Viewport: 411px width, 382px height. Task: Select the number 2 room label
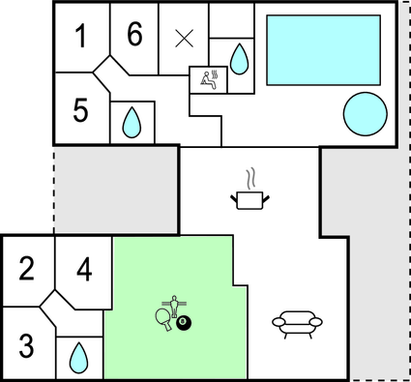click(x=27, y=268)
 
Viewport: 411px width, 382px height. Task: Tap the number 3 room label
click(x=27, y=343)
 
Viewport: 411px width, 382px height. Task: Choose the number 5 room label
click(x=80, y=110)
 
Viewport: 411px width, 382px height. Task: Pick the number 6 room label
click(x=134, y=35)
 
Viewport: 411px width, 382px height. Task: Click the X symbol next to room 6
click(x=184, y=39)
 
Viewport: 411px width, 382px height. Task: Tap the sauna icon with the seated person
click(x=208, y=78)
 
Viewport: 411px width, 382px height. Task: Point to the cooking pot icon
click(x=249, y=199)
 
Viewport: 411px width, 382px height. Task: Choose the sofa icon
click(x=295, y=321)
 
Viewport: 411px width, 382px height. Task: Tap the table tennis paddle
click(x=163, y=316)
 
